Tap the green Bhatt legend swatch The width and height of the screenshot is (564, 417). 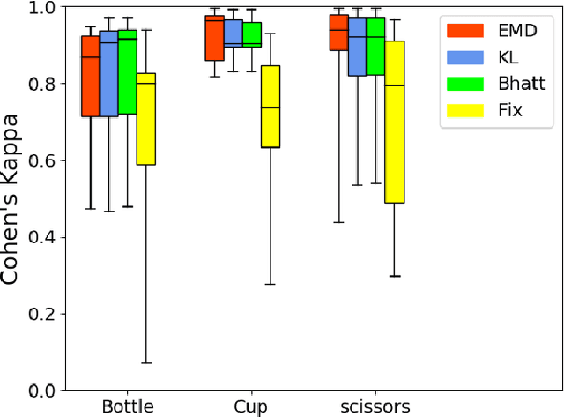(464, 84)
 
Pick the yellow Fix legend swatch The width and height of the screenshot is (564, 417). (464, 111)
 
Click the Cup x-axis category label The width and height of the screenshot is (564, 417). (251, 406)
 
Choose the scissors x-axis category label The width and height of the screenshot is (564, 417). (375, 406)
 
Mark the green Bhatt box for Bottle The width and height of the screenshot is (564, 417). (127, 71)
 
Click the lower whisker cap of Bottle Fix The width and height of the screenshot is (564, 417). (145, 362)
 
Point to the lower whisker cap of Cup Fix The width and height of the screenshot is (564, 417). (271, 284)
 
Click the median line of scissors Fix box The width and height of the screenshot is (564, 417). (395, 86)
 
